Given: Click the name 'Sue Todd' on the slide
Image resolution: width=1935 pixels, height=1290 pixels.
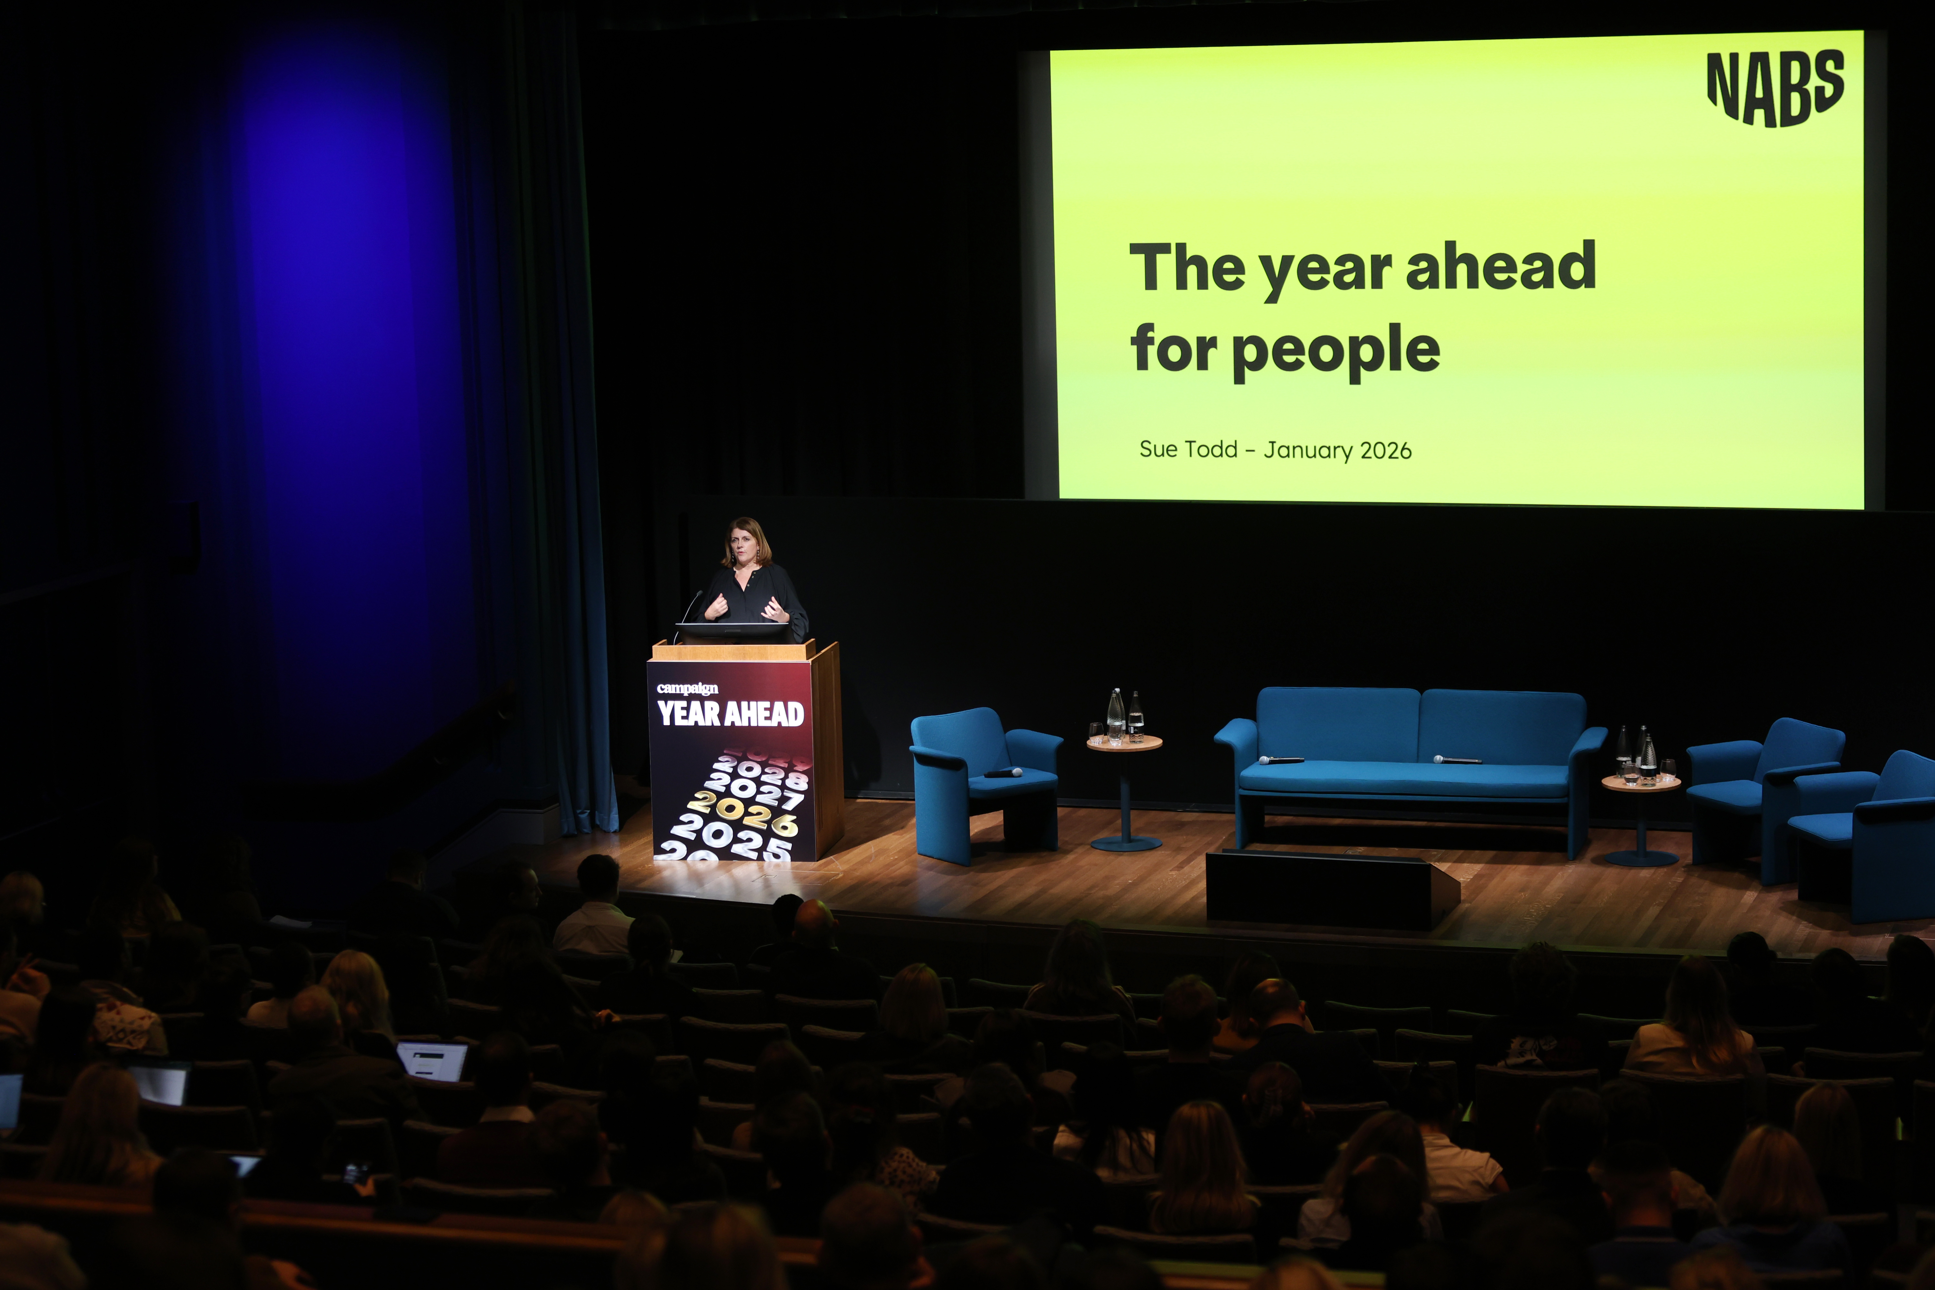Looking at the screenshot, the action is point(1188,449).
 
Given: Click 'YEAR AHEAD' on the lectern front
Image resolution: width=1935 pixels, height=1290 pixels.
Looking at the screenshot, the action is point(730,713).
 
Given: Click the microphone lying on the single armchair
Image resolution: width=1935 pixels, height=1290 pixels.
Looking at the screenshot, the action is point(1004,772).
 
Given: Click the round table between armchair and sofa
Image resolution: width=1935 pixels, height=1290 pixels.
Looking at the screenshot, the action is point(1125,790).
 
